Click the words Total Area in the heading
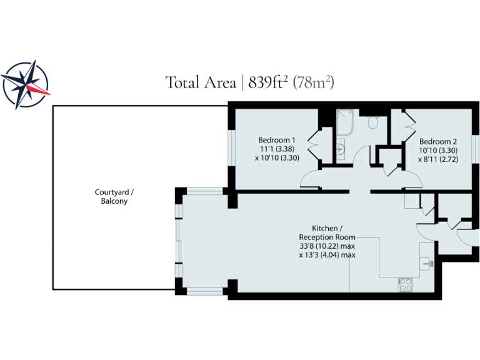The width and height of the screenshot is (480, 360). pyautogui.click(x=201, y=82)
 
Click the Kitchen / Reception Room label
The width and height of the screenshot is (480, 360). pyautogui.click(x=327, y=232)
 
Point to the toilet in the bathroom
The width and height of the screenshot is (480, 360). pyautogui.click(x=373, y=123)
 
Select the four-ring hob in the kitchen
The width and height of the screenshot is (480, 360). pyautogui.click(x=405, y=284)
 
